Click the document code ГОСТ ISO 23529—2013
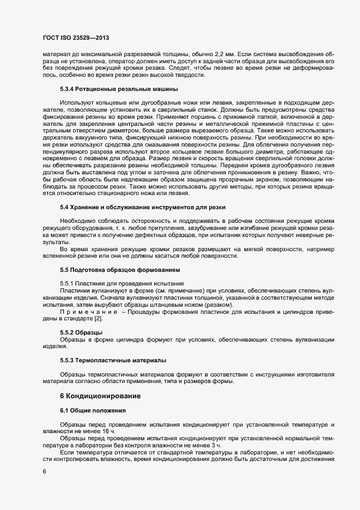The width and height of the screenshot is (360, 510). tap(78, 38)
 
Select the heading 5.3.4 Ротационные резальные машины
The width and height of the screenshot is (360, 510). tap(119, 88)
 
